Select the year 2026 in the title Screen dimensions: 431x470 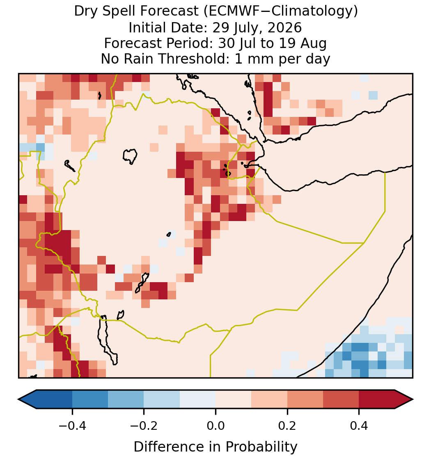[284, 27]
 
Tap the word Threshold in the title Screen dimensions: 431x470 [195, 59]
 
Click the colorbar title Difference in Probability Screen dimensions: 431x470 [215, 447]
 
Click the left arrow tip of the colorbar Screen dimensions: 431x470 [18, 399]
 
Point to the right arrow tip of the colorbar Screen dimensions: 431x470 [413, 399]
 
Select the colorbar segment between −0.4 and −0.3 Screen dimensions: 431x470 [90, 399]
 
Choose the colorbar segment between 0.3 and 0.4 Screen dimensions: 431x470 [341, 399]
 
